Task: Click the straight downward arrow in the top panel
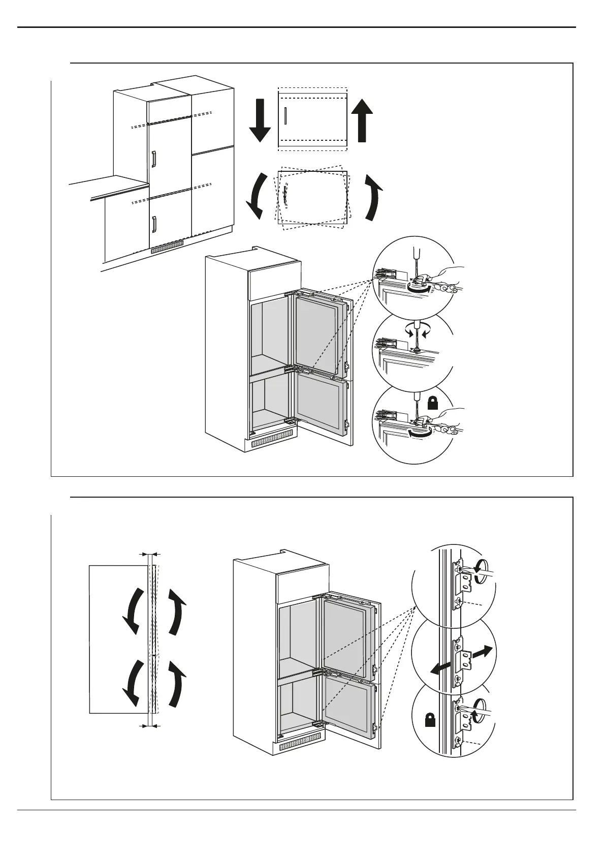coord(260,120)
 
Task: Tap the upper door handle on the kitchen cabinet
coord(153,159)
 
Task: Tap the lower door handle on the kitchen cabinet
coord(154,224)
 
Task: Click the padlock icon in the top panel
coord(432,404)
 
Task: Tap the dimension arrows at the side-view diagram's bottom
coord(150,726)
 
